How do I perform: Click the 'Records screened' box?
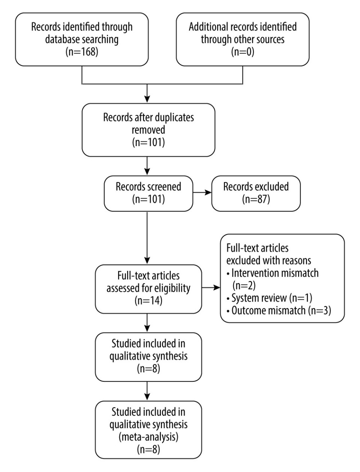click(148, 193)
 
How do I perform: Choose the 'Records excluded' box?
click(256, 193)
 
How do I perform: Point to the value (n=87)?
click(256, 199)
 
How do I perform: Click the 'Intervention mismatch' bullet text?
click(275, 273)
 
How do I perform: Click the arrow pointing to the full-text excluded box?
click(211, 288)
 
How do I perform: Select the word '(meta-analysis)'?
click(148, 437)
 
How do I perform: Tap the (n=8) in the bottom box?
click(148, 449)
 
